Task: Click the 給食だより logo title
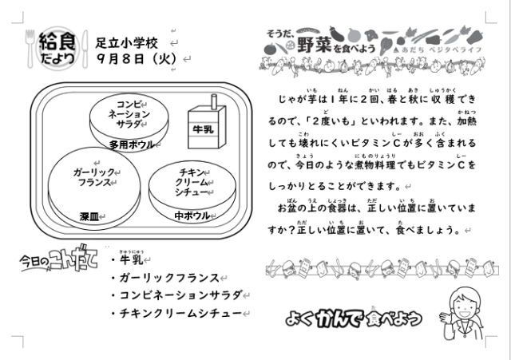click(57, 48)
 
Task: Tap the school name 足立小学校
click(127, 43)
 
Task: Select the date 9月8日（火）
click(137, 59)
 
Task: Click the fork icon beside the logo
click(30, 49)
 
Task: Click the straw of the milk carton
click(214, 101)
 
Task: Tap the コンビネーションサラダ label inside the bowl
click(129, 114)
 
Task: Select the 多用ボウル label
click(131, 144)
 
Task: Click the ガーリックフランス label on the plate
click(94, 177)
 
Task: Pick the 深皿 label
click(89, 216)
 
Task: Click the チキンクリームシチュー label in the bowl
click(192, 182)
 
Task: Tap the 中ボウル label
click(192, 216)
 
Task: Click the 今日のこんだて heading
click(58, 259)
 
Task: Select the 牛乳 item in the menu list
click(131, 259)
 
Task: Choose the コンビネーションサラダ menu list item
click(181, 295)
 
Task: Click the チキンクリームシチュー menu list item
click(181, 313)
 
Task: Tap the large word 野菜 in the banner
click(314, 45)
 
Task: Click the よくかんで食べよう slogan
click(354, 318)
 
